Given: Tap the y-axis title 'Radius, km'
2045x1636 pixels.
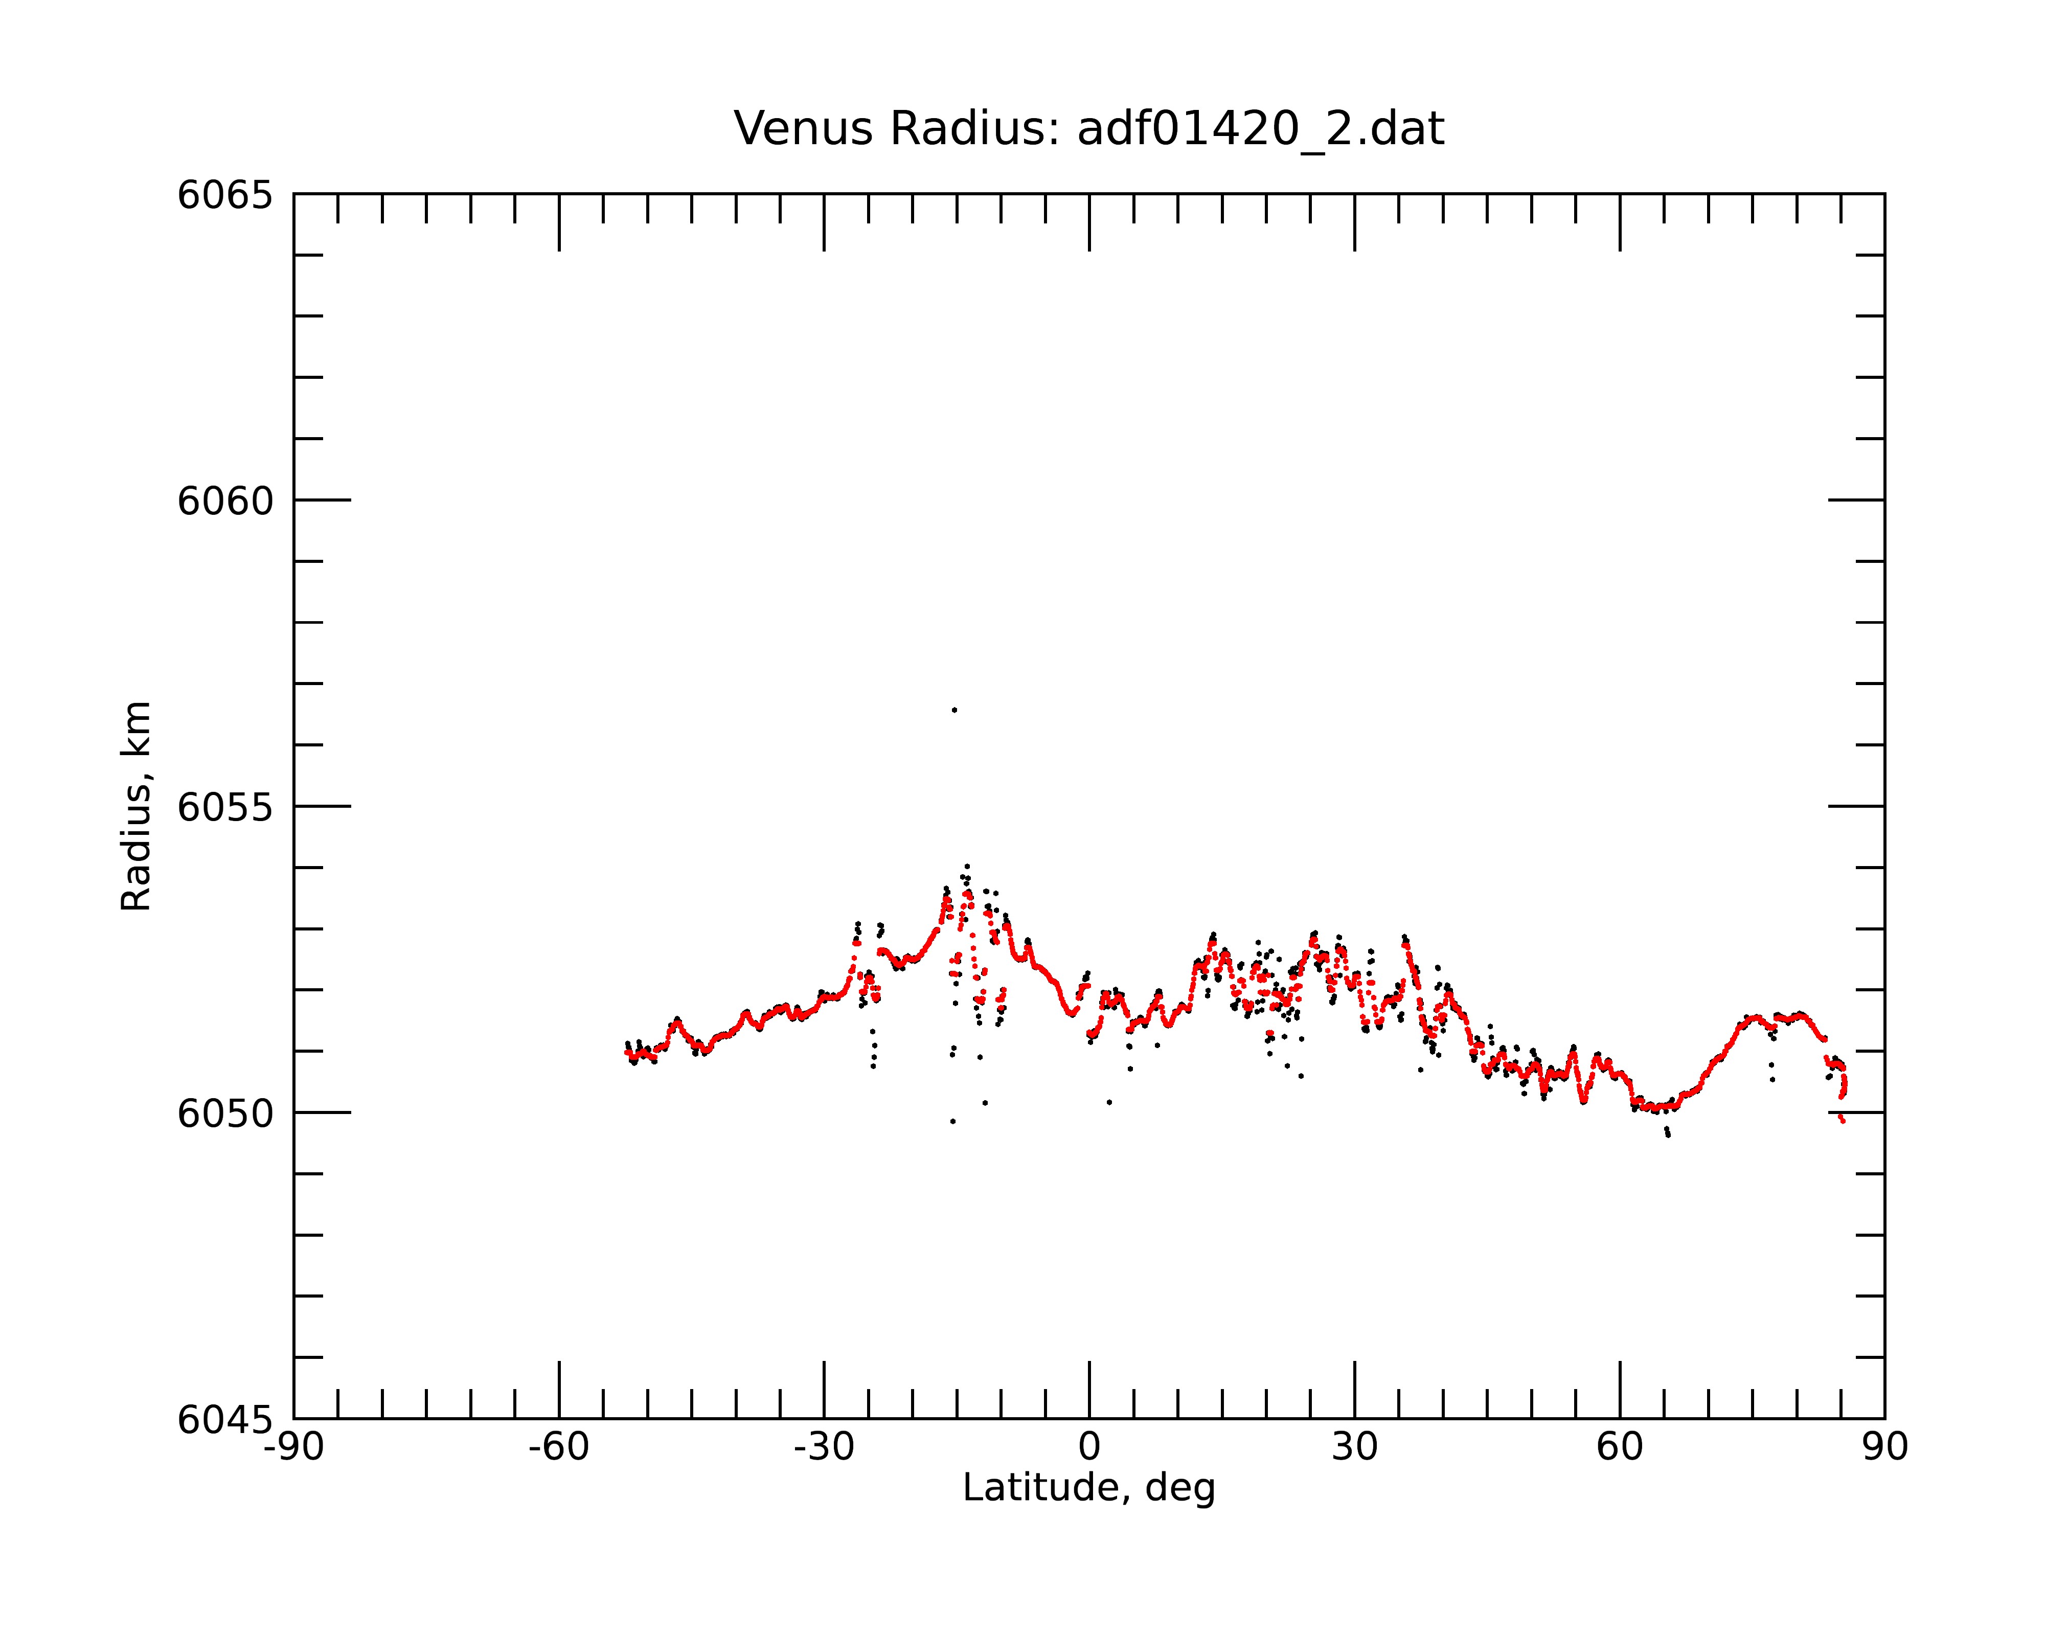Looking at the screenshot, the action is [135, 806].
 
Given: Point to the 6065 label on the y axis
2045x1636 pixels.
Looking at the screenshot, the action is [225, 195].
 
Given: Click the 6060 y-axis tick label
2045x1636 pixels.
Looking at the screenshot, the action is [225, 501].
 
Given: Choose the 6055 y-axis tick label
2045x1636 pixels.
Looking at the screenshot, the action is [225, 807].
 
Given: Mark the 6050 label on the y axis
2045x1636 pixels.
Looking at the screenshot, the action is [225, 1114].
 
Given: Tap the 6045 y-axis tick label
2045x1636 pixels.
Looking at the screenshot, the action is [225, 1420].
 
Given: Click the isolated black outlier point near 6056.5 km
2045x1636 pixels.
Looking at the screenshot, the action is [954, 710].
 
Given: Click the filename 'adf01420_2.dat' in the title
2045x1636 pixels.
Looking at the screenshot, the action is [1261, 130].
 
